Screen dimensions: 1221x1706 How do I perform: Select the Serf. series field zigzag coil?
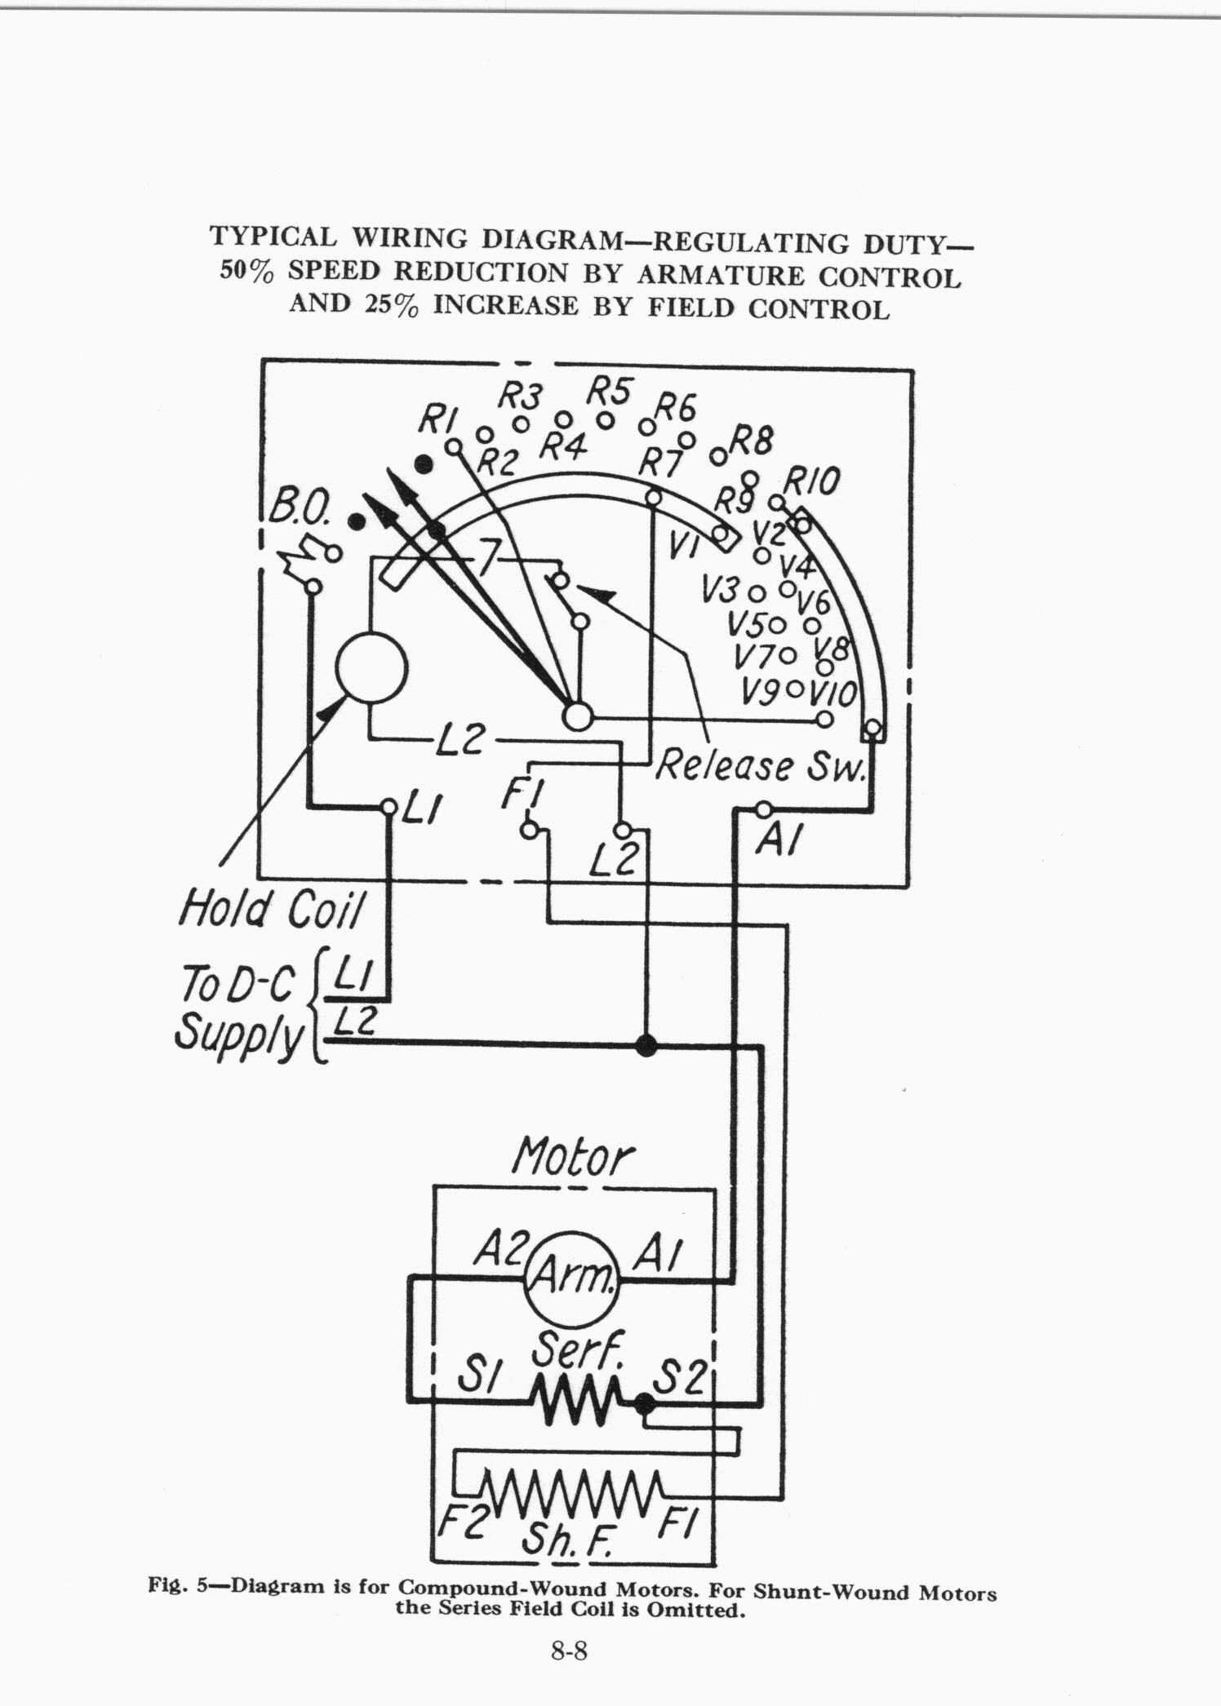tap(580, 1404)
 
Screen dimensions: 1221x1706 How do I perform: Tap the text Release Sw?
tap(760, 766)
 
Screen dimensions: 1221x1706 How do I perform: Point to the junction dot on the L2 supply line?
tap(646, 1045)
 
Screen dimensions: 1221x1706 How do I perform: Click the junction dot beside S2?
tap(645, 1403)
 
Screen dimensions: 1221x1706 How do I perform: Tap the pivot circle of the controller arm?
tap(577, 717)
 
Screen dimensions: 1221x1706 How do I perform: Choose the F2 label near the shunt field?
tap(463, 1522)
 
